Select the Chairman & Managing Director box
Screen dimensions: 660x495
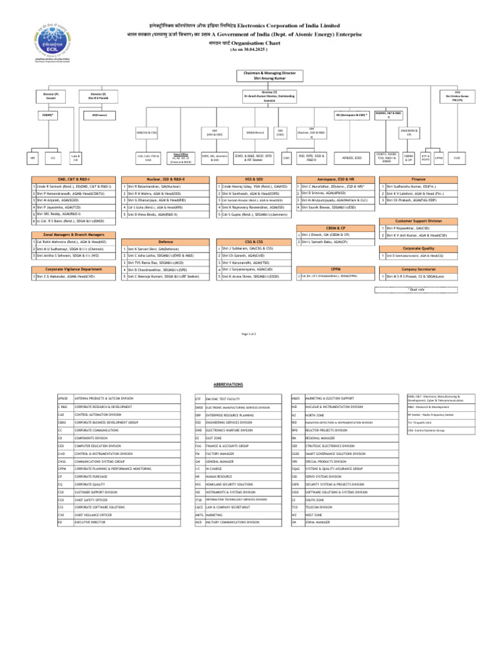(x=259, y=76)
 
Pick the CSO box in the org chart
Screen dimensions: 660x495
(x=286, y=157)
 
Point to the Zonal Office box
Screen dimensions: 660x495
(x=181, y=157)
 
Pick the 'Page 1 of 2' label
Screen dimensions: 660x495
(x=248, y=334)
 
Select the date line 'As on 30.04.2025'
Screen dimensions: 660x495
(x=248, y=49)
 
